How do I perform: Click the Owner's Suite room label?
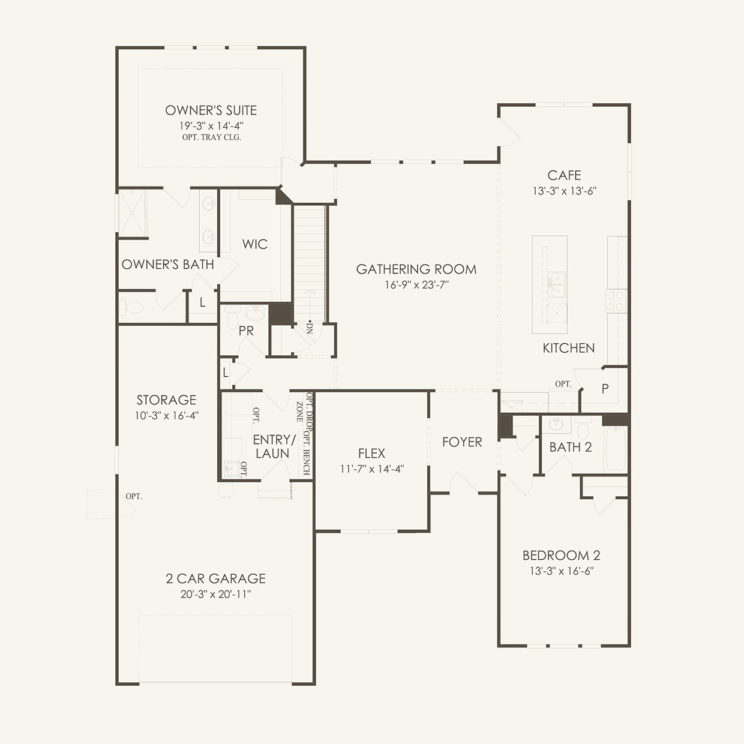pyautogui.click(x=211, y=110)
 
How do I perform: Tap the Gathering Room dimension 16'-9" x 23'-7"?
pyautogui.click(x=416, y=285)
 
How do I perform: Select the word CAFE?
pyautogui.click(x=564, y=175)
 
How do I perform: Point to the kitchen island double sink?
pyautogui.click(x=556, y=284)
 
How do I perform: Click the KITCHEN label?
pyautogui.click(x=569, y=348)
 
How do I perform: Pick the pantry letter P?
pyautogui.click(x=605, y=388)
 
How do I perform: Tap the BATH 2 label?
pyautogui.click(x=570, y=447)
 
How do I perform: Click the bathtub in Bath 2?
pyautogui.click(x=616, y=449)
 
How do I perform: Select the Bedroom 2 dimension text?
pyautogui.click(x=562, y=571)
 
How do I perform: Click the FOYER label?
pyautogui.click(x=462, y=442)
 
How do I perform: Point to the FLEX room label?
pyautogui.click(x=371, y=453)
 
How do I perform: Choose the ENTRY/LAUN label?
pyautogui.click(x=274, y=446)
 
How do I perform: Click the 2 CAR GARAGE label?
pyautogui.click(x=216, y=578)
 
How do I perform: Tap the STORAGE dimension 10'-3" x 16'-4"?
pyautogui.click(x=166, y=415)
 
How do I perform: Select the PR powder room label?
pyautogui.click(x=246, y=331)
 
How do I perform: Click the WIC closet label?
pyautogui.click(x=255, y=244)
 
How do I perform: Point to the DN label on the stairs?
pyautogui.click(x=309, y=328)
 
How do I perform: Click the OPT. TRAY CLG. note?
pyautogui.click(x=212, y=137)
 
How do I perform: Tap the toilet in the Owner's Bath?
pyautogui.click(x=131, y=307)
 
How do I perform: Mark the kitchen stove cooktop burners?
pyautogui.click(x=616, y=301)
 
